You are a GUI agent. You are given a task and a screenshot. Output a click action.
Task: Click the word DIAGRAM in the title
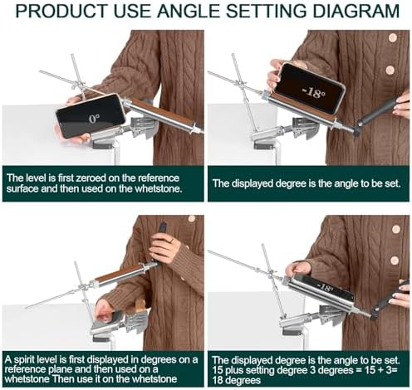point(352,11)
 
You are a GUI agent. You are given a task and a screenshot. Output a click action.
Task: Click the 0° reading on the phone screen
point(94,119)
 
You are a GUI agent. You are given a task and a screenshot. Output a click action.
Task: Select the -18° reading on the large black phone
point(313,93)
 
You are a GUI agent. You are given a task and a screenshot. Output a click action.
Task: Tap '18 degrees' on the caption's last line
point(237,380)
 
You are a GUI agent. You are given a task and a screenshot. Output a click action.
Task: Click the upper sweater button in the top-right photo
point(393,37)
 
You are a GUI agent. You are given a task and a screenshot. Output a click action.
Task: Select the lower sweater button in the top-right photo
point(390,70)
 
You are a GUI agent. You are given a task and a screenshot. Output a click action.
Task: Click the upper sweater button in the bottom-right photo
point(396,229)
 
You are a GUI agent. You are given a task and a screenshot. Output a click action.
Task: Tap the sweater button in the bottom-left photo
point(191,219)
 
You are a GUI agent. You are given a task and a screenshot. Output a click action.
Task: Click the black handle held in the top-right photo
point(375,113)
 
